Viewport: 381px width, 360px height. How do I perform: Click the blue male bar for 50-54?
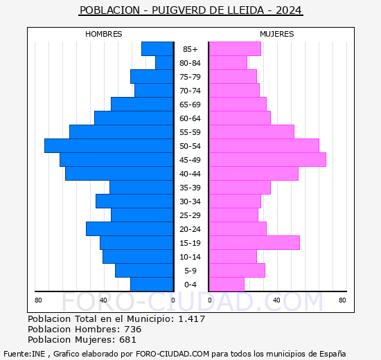pyautogui.click(x=109, y=146)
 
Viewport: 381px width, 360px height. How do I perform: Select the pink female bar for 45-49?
pyautogui.click(x=267, y=160)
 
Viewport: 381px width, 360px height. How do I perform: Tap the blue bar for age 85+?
pyautogui.click(x=157, y=49)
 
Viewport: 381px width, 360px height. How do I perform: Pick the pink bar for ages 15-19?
pyautogui.click(x=254, y=243)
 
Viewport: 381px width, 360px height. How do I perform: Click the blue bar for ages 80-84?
pyautogui.click(x=164, y=63)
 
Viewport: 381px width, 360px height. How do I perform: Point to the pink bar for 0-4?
pyautogui.click(x=227, y=285)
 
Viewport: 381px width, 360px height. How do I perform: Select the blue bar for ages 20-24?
pyautogui.click(x=130, y=229)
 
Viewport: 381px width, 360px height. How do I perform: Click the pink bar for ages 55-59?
pyautogui.click(x=251, y=132)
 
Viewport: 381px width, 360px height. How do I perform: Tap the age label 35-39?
pyautogui.click(x=190, y=188)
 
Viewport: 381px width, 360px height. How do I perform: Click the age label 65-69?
pyautogui.click(x=190, y=105)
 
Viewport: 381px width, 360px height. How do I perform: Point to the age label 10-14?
pyautogui.click(x=190, y=257)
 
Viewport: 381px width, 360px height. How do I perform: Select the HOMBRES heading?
pyautogui.click(x=104, y=34)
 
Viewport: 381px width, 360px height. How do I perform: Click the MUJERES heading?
pyautogui.click(x=277, y=34)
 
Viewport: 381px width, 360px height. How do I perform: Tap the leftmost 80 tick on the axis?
pyautogui.click(x=38, y=300)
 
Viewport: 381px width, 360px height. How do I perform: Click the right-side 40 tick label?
pyautogui.click(x=276, y=300)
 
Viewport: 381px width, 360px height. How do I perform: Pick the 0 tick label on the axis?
pyautogui.click(x=173, y=300)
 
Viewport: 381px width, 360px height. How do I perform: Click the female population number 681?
pyautogui.click(x=126, y=339)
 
